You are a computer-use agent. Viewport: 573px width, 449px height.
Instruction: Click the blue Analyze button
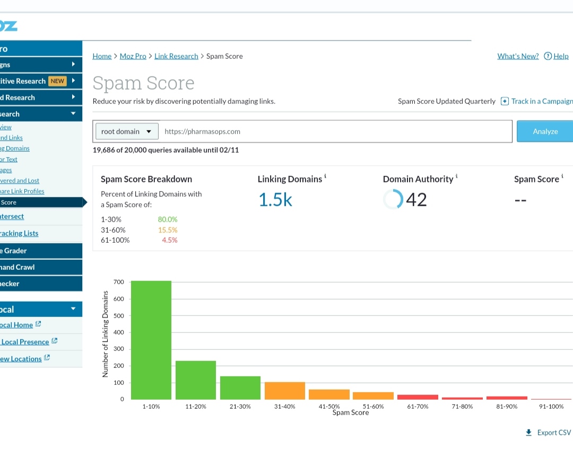coord(545,131)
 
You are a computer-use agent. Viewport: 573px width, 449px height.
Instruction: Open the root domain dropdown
coord(126,131)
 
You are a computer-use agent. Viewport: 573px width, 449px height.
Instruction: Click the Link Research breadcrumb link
coord(176,56)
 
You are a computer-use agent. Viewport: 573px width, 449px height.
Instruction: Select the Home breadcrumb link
coord(102,56)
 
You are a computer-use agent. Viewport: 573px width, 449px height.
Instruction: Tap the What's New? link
coord(518,56)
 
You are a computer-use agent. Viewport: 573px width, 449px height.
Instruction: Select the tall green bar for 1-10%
coord(151,340)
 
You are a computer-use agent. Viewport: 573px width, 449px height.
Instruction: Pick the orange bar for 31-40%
coord(285,391)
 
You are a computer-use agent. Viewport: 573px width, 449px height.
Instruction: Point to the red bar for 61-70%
coord(418,397)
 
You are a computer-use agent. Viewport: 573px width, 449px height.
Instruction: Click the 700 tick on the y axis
coord(118,282)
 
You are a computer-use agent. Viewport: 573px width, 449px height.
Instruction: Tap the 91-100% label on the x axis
coord(551,407)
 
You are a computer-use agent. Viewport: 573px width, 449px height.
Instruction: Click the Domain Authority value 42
coord(416,199)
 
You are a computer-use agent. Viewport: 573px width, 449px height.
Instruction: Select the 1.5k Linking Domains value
coord(275,199)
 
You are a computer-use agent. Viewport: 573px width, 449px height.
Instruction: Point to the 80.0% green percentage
coord(168,219)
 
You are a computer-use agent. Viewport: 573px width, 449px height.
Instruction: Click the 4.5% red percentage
coord(170,240)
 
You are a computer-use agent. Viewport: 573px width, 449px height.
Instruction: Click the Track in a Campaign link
coord(541,101)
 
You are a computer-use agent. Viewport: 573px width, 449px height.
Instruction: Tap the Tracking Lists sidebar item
coord(19,233)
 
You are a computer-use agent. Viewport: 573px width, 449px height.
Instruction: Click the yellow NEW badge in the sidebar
coord(57,81)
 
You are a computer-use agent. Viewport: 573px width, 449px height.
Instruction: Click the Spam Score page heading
coord(143,83)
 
